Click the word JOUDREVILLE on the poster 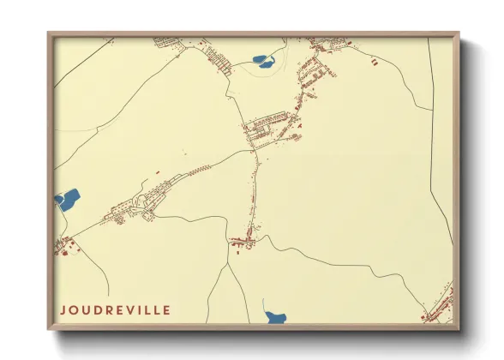point(115,310)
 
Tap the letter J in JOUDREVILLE point(63,310)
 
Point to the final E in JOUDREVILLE point(166,310)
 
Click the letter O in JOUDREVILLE point(74,310)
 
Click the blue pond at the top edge point(262,61)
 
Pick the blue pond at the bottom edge point(276,318)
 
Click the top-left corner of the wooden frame point(48,33)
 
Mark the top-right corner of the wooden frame point(459,33)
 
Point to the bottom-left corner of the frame point(48,329)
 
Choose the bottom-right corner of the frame point(459,329)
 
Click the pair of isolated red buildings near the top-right point(375,61)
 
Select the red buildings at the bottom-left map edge point(63,246)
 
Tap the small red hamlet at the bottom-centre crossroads point(243,243)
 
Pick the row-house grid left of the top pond point(219,59)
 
